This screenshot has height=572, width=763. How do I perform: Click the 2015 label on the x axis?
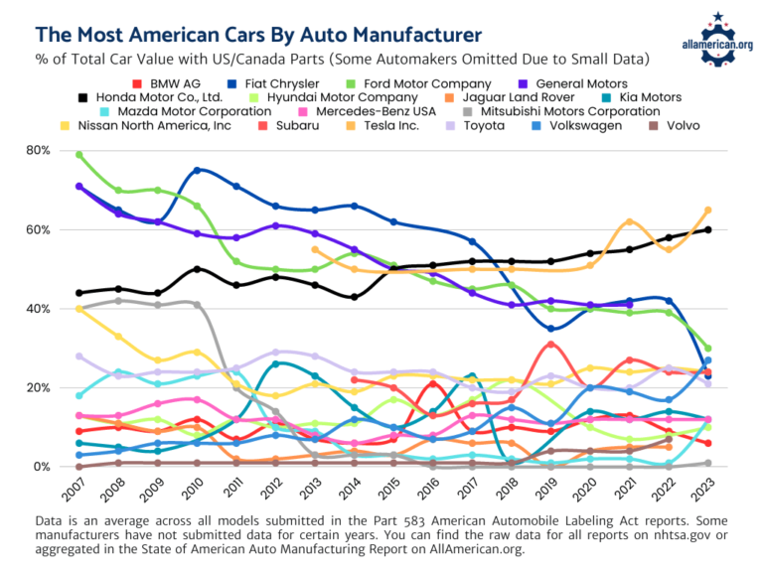coord(390,491)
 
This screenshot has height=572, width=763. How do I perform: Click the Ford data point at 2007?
coord(78,155)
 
